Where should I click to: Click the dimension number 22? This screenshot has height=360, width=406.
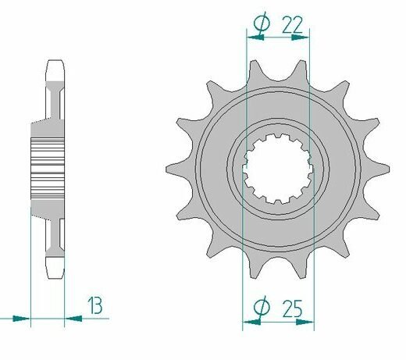[x=292, y=25]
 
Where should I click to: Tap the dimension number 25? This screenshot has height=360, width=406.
[x=292, y=308]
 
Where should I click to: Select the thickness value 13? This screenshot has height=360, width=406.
[x=94, y=305]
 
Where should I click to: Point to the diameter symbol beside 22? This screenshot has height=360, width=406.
[x=262, y=23]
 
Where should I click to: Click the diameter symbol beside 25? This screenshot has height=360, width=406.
[x=262, y=308]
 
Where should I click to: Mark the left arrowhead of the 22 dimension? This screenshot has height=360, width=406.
[x=255, y=37]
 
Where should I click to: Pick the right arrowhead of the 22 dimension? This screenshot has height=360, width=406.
[x=300, y=37]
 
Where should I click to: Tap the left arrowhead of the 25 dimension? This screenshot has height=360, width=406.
[x=251, y=322]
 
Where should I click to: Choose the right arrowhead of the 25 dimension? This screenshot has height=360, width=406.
[x=304, y=322]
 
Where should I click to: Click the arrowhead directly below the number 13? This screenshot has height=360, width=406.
[x=73, y=318]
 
